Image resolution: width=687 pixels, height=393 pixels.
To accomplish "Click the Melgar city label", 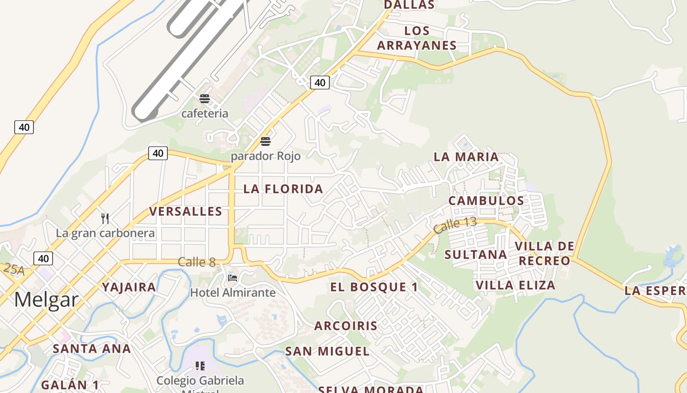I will click(46, 299).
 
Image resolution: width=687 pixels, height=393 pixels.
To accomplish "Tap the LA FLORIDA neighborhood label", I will click(283, 189).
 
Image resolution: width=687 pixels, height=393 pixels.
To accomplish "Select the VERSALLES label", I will click(185, 211).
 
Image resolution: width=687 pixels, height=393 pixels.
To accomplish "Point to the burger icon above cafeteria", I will click(205, 99).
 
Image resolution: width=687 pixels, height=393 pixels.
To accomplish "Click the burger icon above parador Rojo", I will click(265, 141).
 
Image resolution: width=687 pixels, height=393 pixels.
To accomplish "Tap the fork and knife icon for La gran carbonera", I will click(105, 218).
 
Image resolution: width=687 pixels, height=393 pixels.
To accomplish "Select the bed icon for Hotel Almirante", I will click(233, 278).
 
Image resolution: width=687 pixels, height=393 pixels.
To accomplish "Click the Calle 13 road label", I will click(455, 225).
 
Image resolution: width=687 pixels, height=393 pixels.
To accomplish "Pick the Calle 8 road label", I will click(196, 262).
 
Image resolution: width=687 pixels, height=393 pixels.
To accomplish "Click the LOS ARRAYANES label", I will click(417, 38).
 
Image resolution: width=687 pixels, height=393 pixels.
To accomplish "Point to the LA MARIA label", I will click(466, 157).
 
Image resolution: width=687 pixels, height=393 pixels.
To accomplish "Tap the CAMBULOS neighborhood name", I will click(486, 200).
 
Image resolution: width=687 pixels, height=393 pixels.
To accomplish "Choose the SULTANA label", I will click(476, 254).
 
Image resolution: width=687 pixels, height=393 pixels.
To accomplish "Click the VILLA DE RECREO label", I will click(544, 253).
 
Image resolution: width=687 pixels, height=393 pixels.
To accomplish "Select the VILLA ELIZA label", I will click(515, 285).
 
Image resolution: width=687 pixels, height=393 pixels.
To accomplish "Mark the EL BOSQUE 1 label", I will click(374, 287).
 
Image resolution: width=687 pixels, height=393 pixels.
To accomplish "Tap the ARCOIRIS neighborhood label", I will click(346, 326).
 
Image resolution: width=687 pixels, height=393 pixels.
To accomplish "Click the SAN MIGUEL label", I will click(327, 351).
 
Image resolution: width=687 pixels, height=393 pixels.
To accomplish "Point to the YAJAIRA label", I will click(129, 287).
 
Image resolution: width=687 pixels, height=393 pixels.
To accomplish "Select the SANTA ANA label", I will click(92, 349).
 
